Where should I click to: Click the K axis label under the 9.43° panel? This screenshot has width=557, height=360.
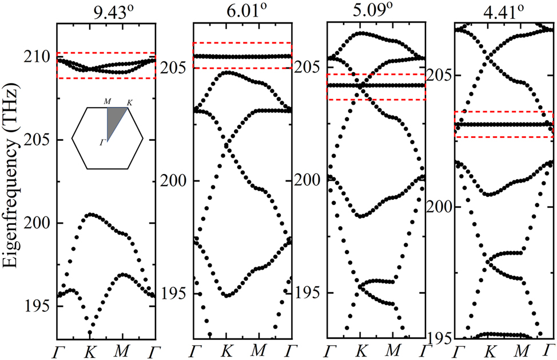click(90, 349)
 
